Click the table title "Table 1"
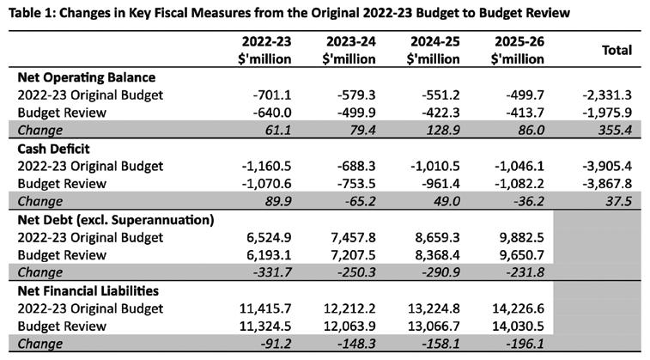[31, 13]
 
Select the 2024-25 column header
[434, 50]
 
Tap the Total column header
[617, 50]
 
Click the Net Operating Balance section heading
[87, 77]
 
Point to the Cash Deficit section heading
[53, 149]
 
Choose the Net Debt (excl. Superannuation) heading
[116, 220]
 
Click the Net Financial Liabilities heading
[88, 290]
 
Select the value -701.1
[272, 95]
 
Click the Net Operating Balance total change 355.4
[615, 131]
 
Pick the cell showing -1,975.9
[607, 113]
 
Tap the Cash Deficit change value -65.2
[356, 202]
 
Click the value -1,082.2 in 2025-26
[519, 184]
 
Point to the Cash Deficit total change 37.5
[618, 202]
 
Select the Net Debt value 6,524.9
[269, 238]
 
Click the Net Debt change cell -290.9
[440, 272]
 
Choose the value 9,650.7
[521, 255]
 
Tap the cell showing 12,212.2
[349, 308]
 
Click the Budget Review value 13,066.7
[434, 326]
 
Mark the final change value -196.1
[525, 344]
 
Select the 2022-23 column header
[264, 50]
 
